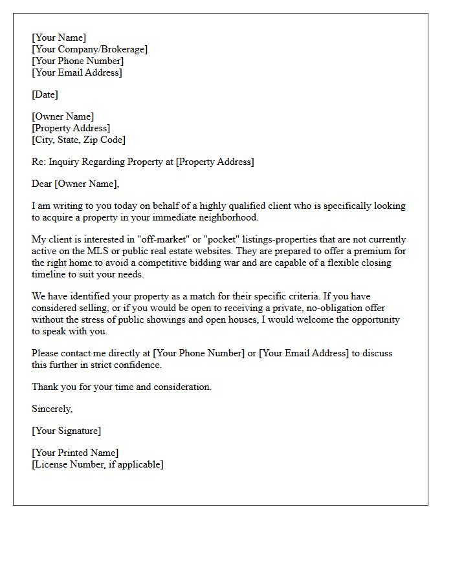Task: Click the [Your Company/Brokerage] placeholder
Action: tap(89, 49)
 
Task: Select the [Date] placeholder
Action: tap(45, 94)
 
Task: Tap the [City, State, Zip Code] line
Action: tap(78, 140)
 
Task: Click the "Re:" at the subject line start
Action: tap(39, 162)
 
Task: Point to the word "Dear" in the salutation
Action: tap(42, 184)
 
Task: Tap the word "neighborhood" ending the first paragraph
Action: tap(228, 217)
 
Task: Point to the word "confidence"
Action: tap(138, 365)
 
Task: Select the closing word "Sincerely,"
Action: tap(52, 409)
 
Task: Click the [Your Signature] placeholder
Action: tap(66, 431)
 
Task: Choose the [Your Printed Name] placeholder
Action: tap(75, 453)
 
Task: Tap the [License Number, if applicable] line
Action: tap(98, 464)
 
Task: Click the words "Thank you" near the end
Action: tap(52, 387)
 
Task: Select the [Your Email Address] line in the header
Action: tap(76, 72)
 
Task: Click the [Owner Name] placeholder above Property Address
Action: tap(63, 116)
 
